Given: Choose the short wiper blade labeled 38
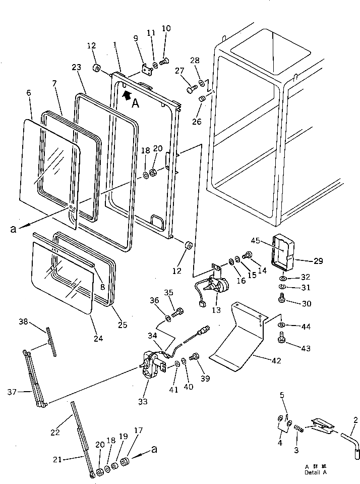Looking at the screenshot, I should (x=51, y=342).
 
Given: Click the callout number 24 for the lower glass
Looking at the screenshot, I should (x=98, y=338).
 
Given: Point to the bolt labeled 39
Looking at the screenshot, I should (x=193, y=358).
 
